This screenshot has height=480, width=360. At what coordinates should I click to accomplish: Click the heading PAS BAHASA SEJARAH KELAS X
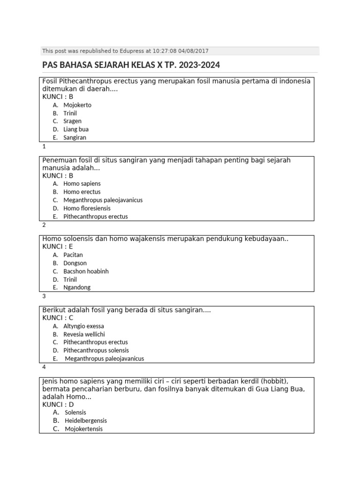[x=131, y=65]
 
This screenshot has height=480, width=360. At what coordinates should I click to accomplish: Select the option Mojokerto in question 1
[x=77, y=105]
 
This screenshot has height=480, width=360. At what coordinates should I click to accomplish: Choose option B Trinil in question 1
[x=70, y=113]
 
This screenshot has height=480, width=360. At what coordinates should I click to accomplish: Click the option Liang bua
[x=76, y=129]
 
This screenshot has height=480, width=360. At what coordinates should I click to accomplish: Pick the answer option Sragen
[x=72, y=121]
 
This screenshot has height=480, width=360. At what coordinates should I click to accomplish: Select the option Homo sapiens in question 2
[x=82, y=184]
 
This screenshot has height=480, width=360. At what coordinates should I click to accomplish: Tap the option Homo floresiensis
[x=87, y=208]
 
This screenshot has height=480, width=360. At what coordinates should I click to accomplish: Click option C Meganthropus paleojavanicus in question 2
[x=103, y=200]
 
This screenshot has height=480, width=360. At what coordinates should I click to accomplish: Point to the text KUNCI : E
[x=58, y=247]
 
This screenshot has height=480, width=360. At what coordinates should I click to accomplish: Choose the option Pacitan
[x=73, y=255]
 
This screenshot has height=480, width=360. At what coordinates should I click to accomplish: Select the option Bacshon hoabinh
[x=86, y=271]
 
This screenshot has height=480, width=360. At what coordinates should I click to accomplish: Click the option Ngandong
[x=77, y=287]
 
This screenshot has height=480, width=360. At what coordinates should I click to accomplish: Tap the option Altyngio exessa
[x=83, y=326]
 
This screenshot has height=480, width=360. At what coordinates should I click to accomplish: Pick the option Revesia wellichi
[x=84, y=334]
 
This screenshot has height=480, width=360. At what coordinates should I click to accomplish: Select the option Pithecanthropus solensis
[x=96, y=350]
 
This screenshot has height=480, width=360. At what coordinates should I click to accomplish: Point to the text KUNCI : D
[x=58, y=404]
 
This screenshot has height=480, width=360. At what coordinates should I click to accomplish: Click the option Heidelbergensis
[x=86, y=420]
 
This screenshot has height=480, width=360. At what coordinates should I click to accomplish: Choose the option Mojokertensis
[x=83, y=429]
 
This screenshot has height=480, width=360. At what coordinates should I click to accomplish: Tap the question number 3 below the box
[x=44, y=296]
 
